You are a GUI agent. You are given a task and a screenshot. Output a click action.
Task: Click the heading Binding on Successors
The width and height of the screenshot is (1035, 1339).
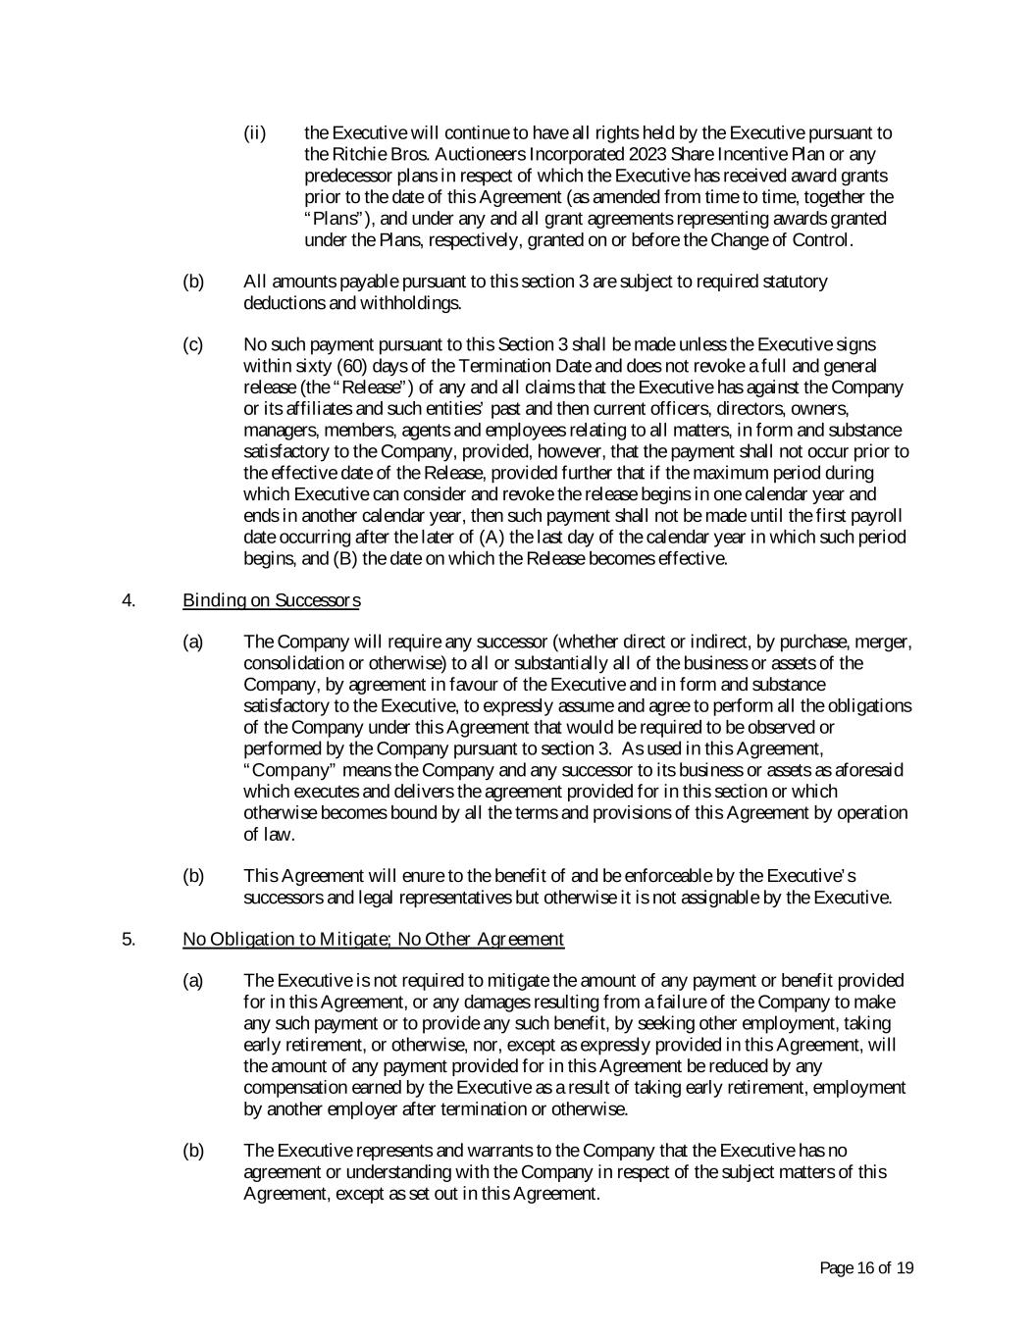[271, 600]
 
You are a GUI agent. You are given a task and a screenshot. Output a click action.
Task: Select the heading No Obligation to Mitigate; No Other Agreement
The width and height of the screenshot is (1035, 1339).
[373, 940]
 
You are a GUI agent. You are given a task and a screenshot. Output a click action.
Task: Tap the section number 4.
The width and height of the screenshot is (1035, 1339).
[128, 600]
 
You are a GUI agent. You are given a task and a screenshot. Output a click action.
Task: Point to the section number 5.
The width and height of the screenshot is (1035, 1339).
[128, 940]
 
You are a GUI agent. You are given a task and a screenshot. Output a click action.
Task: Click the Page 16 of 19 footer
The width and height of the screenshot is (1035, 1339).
[866, 1268]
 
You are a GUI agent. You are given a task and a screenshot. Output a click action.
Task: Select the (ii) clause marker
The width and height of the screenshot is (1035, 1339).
[254, 133]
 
